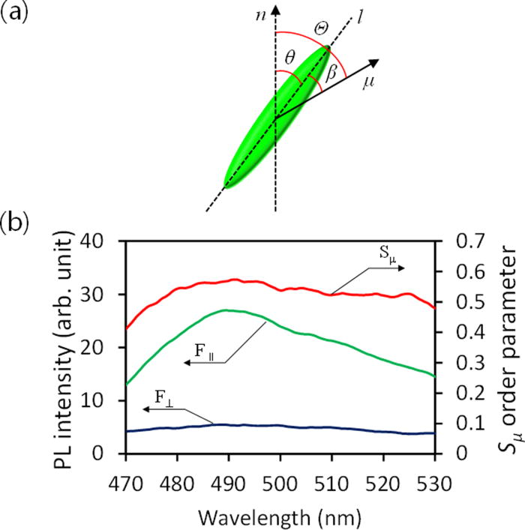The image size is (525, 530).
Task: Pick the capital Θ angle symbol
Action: coord(322,28)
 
